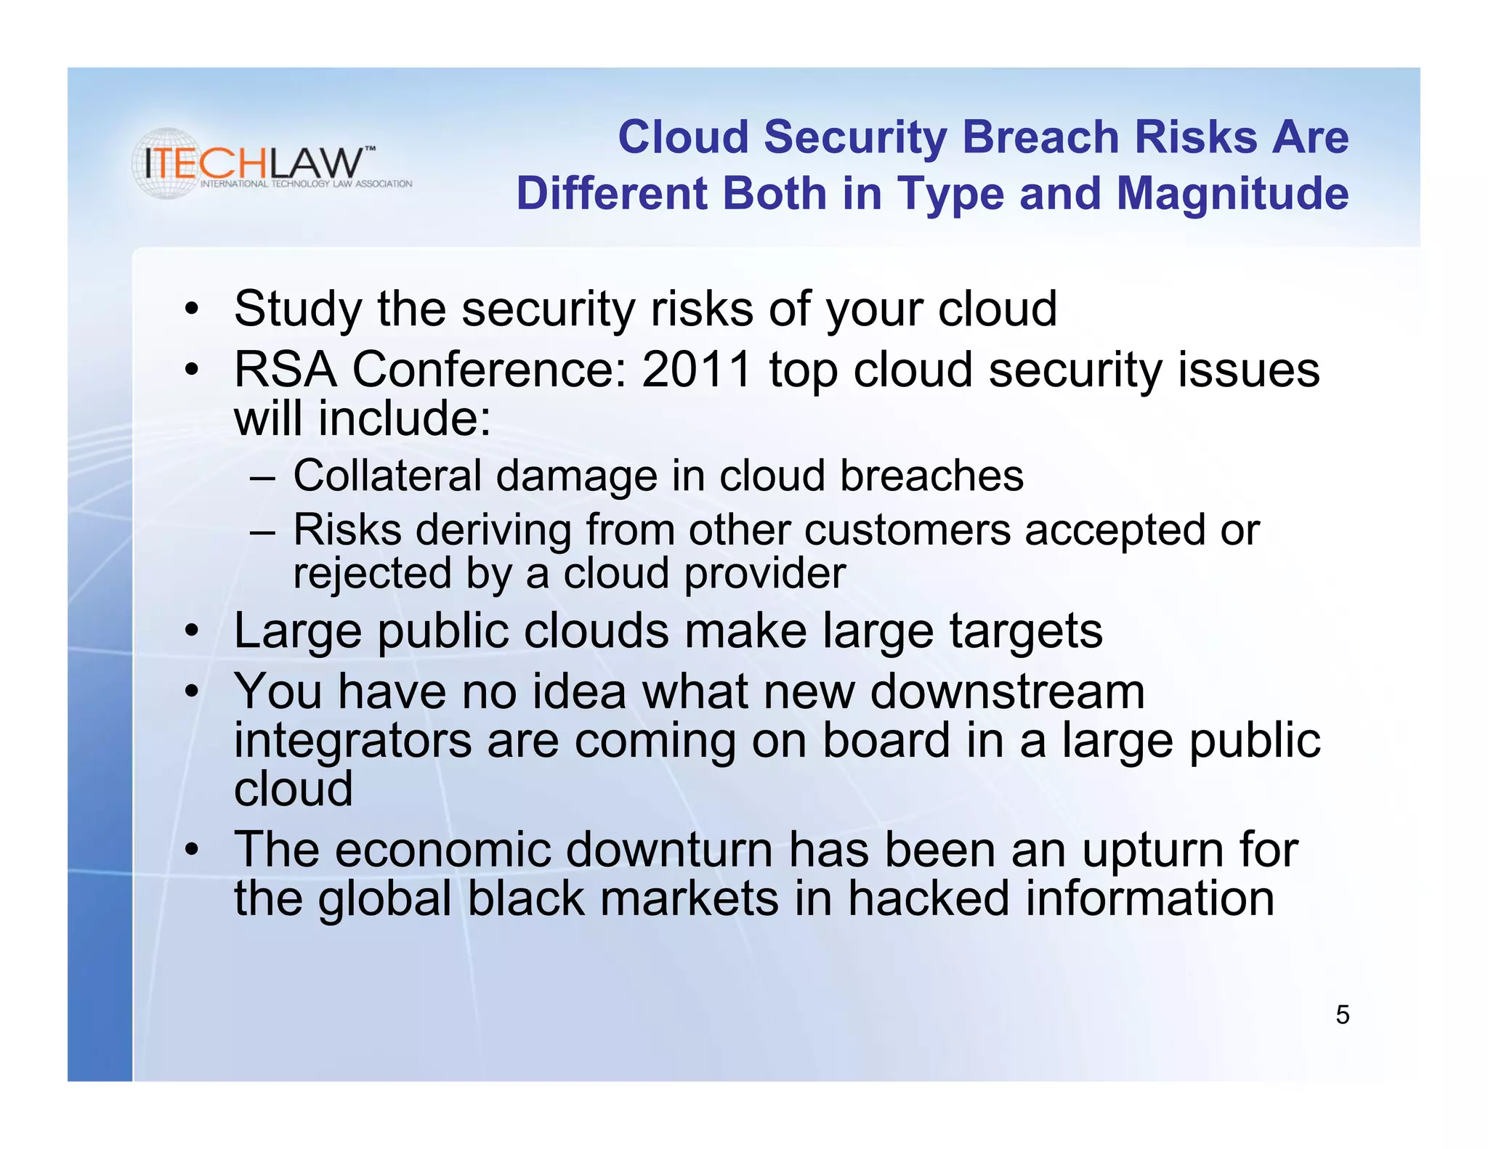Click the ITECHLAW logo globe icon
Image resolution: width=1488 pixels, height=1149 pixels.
coord(168,163)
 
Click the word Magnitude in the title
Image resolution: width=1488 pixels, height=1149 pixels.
coord(1232,194)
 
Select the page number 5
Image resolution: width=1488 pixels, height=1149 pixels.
coord(1342,1015)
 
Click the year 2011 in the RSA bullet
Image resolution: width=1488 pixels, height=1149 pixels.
coord(696,369)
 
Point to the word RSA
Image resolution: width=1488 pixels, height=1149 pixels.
coord(285,369)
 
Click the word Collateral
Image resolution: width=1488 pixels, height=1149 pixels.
coord(387,476)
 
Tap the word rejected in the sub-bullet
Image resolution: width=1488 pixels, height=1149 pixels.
coord(372,574)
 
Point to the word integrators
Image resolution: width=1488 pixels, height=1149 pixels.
coord(353,741)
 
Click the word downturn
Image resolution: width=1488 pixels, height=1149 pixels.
coord(668,849)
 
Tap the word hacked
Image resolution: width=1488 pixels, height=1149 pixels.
coord(929,898)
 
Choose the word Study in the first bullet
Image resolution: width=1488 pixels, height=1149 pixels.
coord(297,309)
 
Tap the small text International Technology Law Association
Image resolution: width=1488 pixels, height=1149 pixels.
coord(306,184)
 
